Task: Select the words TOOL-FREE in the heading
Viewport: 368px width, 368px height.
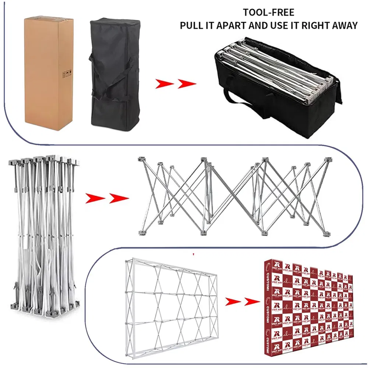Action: [268, 13]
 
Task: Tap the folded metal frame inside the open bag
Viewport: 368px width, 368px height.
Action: [272, 70]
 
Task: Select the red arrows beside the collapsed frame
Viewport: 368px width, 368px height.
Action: [107, 199]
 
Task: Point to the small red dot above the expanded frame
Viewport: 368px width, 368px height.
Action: [193, 254]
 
